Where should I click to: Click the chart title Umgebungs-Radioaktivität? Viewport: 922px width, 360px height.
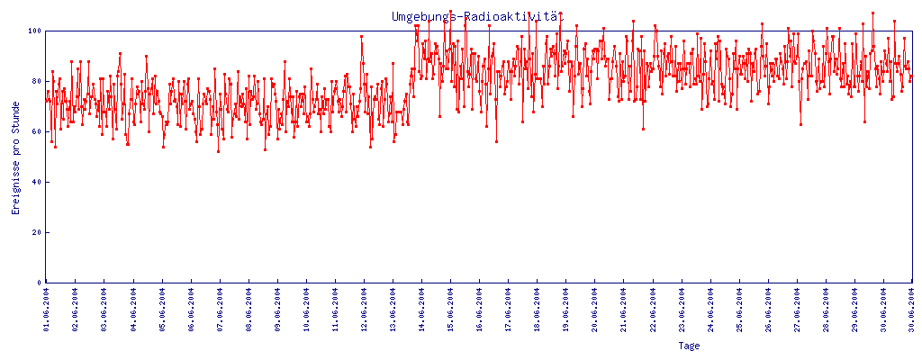click(x=476, y=16)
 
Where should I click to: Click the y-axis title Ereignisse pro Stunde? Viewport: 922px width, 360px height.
click(x=15, y=171)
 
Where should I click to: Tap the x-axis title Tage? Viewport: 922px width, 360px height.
click(x=689, y=346)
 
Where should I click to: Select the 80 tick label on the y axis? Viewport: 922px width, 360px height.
click(x=36, y=81)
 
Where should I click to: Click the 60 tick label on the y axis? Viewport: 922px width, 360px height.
click(x=36, y=131)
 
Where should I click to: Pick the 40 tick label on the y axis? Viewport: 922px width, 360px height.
click(x=36, y=182)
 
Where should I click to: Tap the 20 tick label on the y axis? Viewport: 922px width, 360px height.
click(x=36, y=232)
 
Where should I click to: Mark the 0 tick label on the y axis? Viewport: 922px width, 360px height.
click(x=39, y=283)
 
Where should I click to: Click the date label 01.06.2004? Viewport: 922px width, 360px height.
click(x=47, y=310)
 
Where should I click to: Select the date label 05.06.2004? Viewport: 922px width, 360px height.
click(x=162, y=310)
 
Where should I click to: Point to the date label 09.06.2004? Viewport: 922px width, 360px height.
click(x=277, y=310)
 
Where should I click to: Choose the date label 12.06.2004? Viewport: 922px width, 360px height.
click(x=364, y=310)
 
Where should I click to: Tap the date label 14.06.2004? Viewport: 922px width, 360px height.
click(x=421, y=310)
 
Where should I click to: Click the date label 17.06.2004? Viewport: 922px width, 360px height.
click(x=508, y=310)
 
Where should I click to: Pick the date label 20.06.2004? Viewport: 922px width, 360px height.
click(x=594, y=310)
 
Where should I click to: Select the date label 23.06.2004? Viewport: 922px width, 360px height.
click(x=681, y=310)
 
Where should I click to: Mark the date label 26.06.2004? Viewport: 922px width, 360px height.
click(x=767, y=310)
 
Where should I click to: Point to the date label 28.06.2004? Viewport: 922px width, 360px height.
click(x=825, y=310)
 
